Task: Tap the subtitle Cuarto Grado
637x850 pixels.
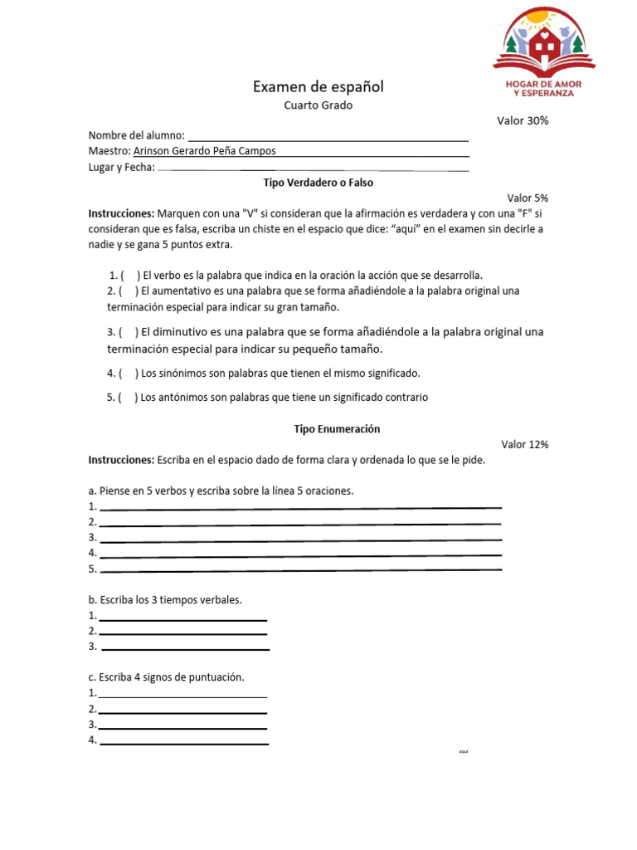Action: pos(318,105)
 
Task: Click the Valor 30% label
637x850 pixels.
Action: pos(523,120)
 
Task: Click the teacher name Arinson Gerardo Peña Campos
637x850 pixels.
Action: pos(205,151)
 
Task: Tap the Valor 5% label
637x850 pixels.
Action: pos(528,198)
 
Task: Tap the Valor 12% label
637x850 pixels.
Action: pos(524,445)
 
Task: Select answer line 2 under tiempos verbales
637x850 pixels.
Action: pos(182,632)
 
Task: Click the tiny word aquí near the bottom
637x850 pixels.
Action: pos(464,751)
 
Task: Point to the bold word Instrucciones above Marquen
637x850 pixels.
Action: pos(121,213)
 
